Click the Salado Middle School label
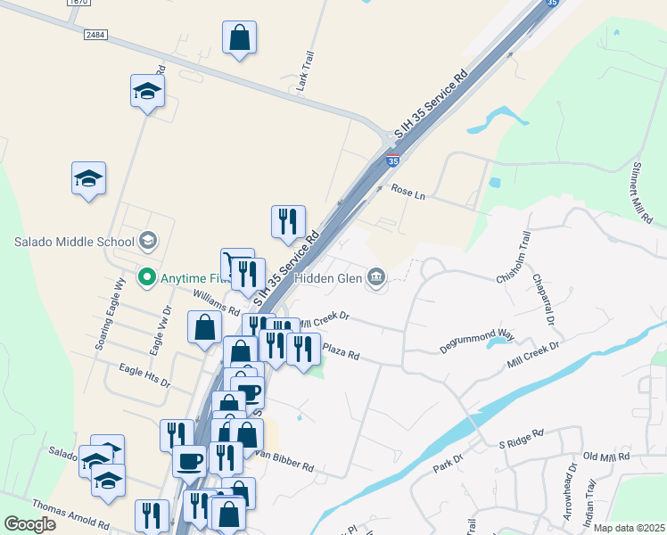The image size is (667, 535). click(x=73, y=241)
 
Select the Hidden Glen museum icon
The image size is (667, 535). click(x=377, y=278)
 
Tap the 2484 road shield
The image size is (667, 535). click(x=95, y=34)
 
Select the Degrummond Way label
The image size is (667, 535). click(x=477, y=336)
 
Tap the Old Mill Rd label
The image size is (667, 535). click(x=606, y=457)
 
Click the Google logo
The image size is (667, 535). click(x=30, y=524)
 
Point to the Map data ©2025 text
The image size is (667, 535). click(x=628, y=528)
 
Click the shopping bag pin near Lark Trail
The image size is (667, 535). click(x=239, y=39)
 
